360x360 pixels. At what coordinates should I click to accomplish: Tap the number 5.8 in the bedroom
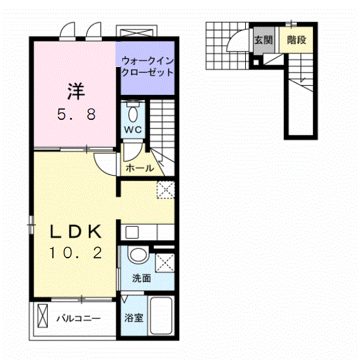pos(75,115)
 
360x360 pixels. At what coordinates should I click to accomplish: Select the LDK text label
pos(75,232)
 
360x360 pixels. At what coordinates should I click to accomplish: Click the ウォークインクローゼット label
pos(147,66)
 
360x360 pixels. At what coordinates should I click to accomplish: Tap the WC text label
pos(133,130)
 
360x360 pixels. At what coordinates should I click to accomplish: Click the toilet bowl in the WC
pos(133,114)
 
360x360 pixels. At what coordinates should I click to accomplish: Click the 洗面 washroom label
pos(141,279)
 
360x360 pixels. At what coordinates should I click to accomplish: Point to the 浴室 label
pos(134,318)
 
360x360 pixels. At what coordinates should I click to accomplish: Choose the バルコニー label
pos(79,319)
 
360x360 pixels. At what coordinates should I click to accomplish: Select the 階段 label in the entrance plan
pos(296,40)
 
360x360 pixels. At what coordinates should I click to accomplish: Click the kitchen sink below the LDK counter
pos(132,233)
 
